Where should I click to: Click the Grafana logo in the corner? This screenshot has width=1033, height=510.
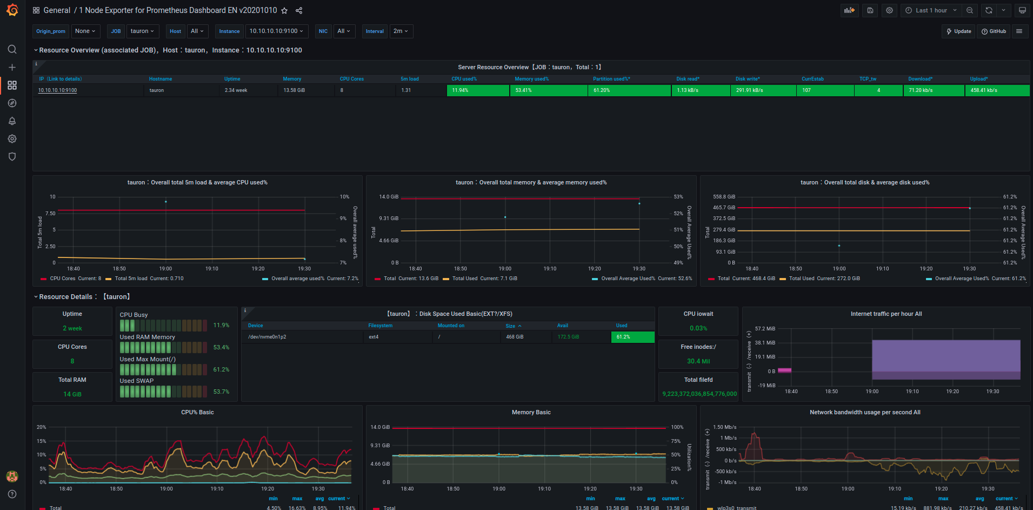click(12, 10)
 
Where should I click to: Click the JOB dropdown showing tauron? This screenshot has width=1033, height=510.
click(142, 31)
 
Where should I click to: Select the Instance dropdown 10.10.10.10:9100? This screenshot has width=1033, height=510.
click(276, 31)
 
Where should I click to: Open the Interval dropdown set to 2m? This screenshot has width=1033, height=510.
click(400, 31)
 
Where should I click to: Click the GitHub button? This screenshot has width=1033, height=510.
click(994, 31)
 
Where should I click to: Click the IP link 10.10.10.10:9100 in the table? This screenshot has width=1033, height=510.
click(57, 90)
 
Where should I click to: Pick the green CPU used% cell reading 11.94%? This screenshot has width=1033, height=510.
click(478, 90)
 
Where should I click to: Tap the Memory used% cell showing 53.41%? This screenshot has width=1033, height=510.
click(548, 90)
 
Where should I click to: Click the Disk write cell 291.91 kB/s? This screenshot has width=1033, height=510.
click(764, 90)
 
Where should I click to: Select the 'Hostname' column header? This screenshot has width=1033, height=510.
click(161, 79)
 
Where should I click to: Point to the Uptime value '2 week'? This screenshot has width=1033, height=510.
click(72, 328)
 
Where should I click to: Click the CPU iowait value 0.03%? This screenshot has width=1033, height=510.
click(698, 328)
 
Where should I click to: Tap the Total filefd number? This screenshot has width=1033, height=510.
click(699, 394)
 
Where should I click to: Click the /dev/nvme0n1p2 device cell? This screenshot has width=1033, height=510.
click(267, 337)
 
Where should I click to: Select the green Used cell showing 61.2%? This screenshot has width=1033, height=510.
click(632, 337)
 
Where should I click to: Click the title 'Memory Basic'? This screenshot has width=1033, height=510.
click(531, 412)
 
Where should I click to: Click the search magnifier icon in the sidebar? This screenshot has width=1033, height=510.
click(12, 49)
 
